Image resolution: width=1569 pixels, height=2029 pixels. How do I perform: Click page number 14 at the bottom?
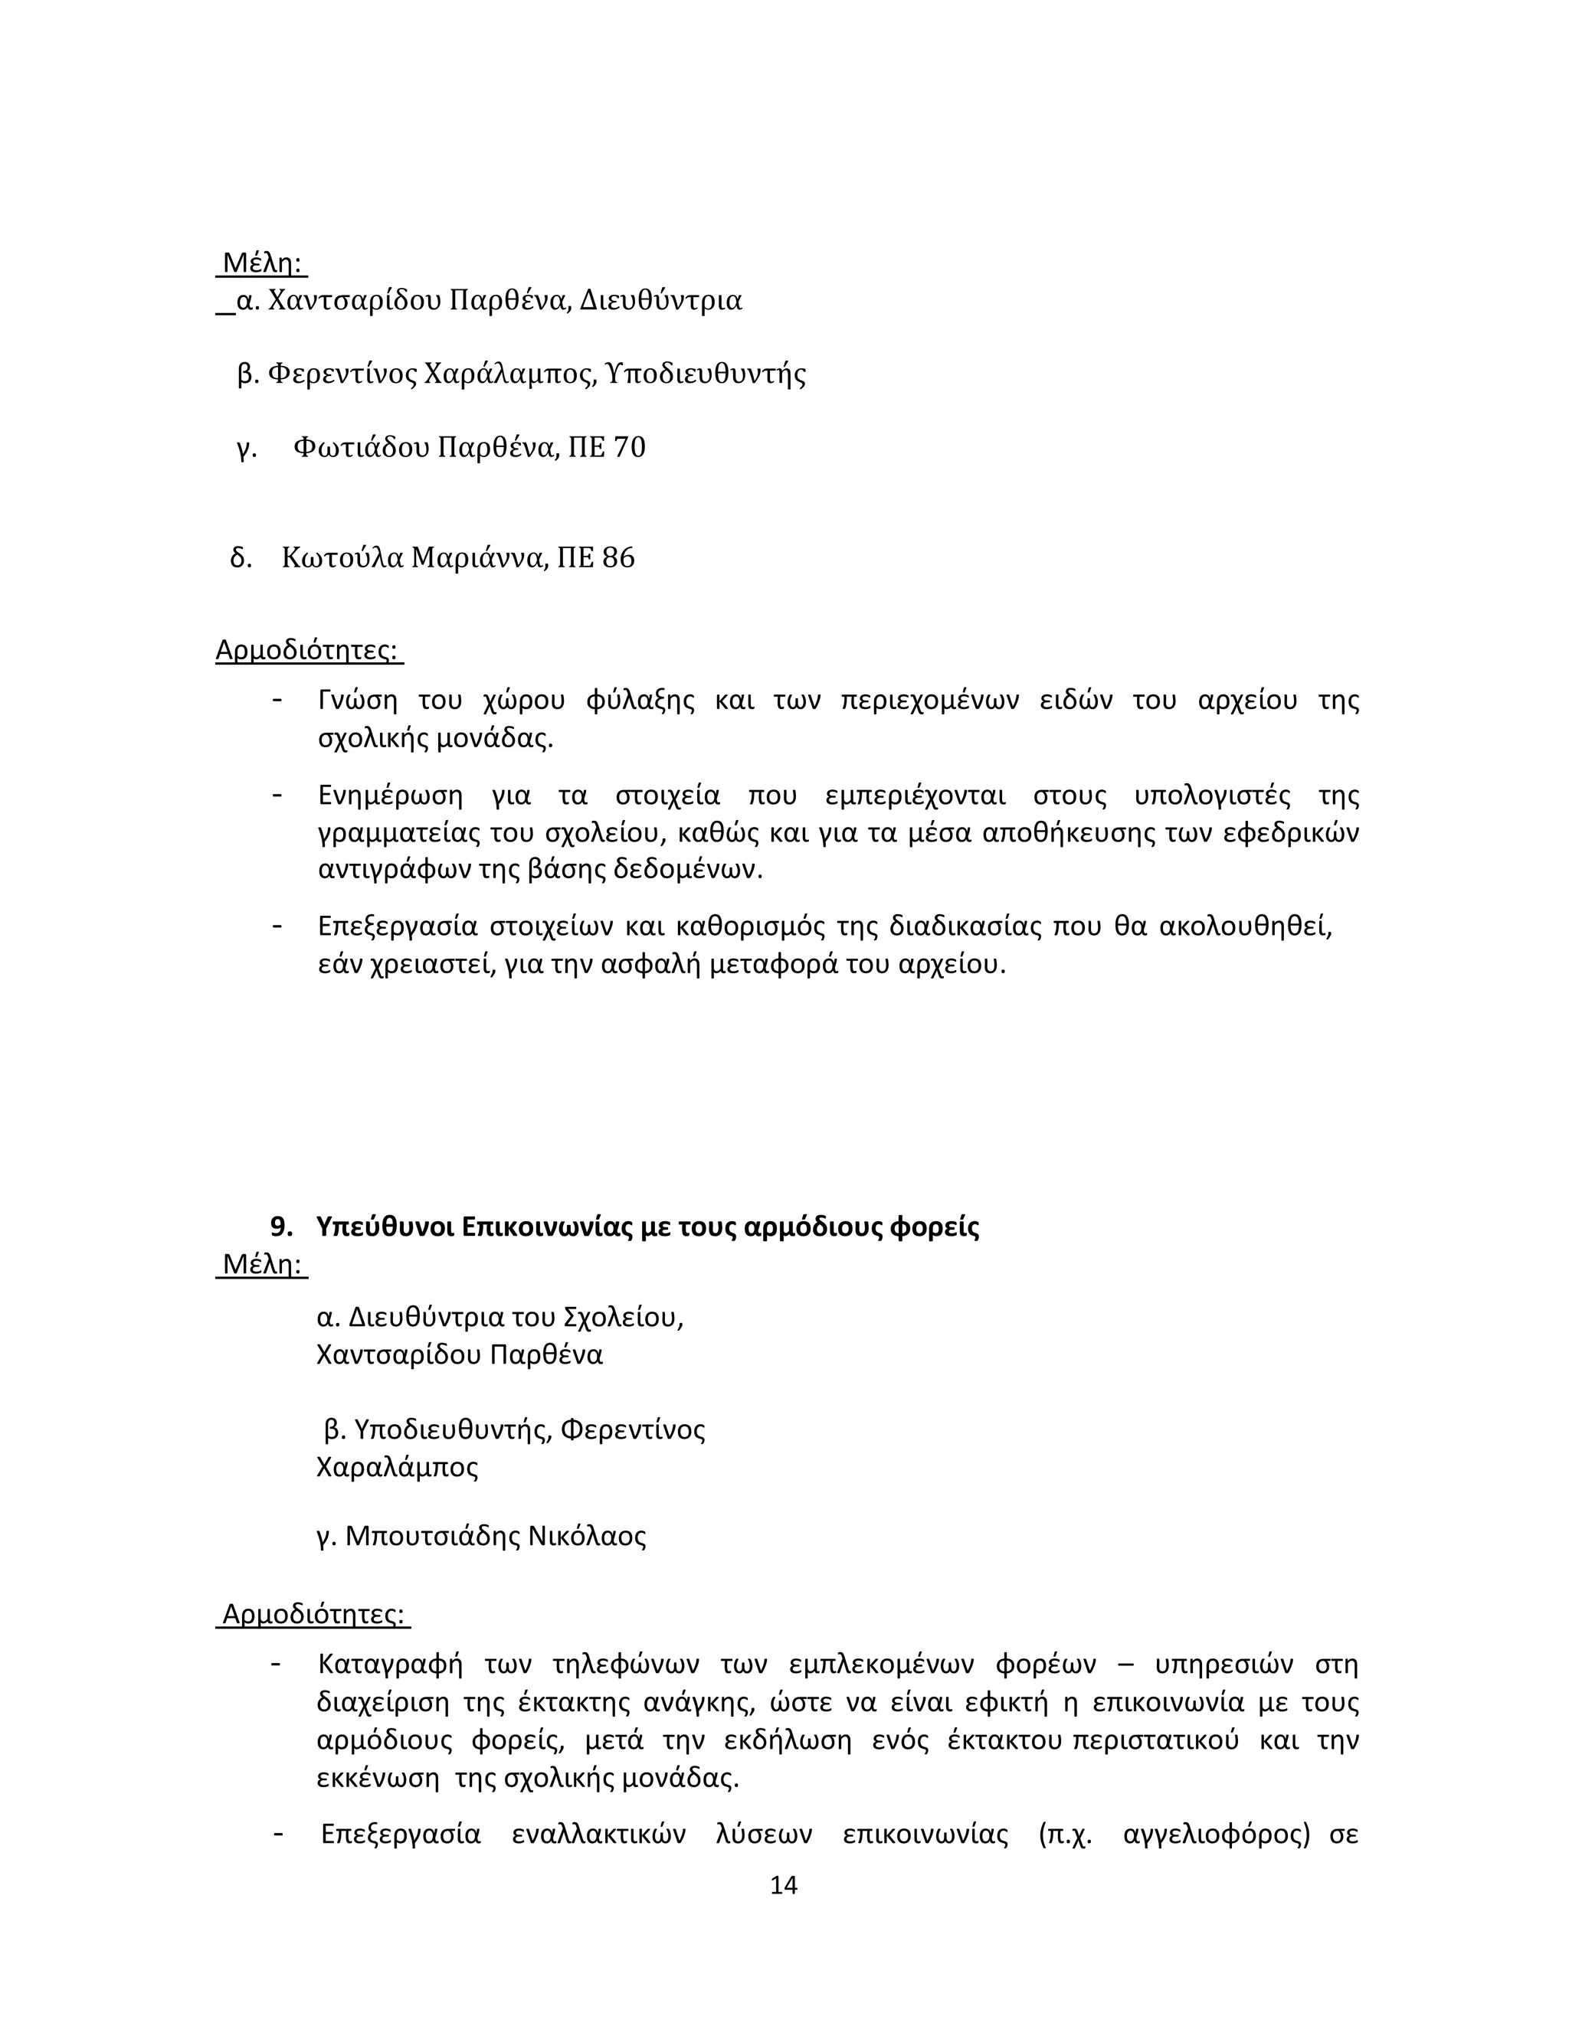coord(784,1884)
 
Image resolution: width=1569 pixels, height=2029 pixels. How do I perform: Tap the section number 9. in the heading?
coord(280,1227)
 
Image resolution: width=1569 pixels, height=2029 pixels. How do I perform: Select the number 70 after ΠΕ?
coord(629,448)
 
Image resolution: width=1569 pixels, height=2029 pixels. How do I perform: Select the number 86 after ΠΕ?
coord(619,557)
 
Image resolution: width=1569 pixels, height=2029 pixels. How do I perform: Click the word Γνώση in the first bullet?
coord(357,701)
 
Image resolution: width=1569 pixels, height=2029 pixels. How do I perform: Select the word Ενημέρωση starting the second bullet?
coord(391,796)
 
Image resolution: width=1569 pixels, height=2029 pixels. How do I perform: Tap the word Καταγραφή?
coord(389,1663)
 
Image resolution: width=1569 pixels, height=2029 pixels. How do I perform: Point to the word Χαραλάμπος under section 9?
coord(397,1467)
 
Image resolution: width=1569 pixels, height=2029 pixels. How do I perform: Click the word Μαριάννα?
coord(477,557)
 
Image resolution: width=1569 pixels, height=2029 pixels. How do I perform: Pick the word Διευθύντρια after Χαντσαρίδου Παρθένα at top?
coord(661,301)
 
